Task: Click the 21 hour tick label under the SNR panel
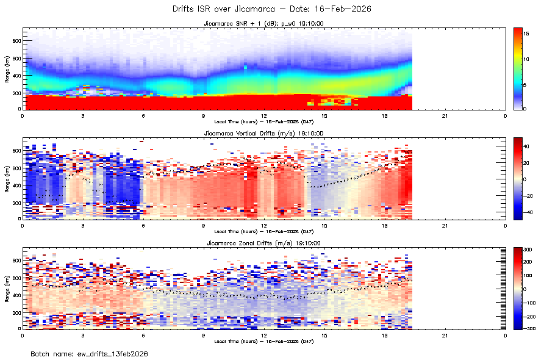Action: pos(445,115)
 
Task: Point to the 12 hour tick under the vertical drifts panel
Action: pos(264,225)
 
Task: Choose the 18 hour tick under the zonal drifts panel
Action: pos(385,335)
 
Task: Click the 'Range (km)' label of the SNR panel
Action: pos(7,68)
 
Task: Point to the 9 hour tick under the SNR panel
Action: pos(204,115)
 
